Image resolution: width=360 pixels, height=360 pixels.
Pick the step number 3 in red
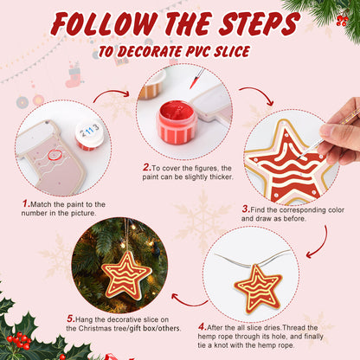click(246, 208)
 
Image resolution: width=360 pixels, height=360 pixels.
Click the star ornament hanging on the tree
click(126, 273)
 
